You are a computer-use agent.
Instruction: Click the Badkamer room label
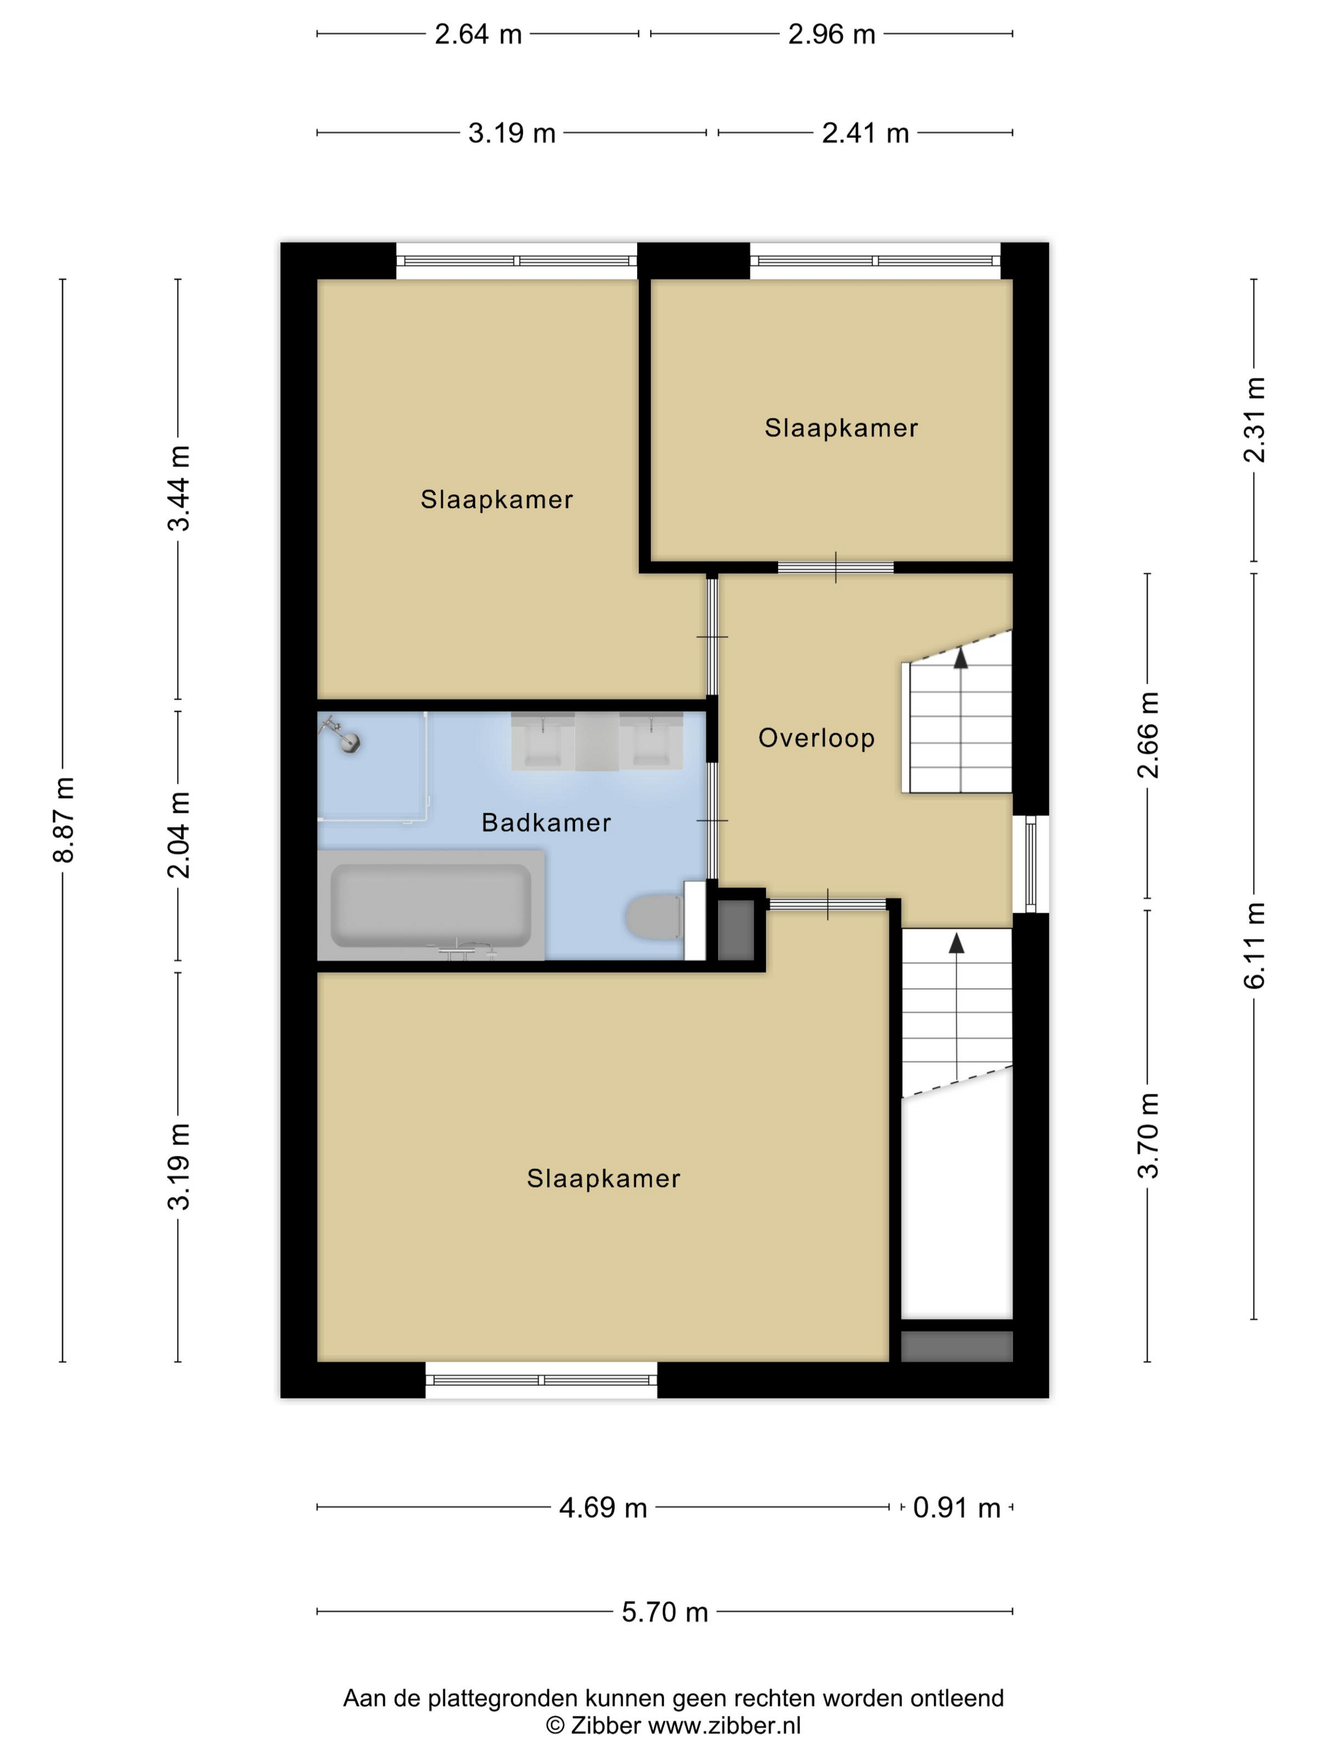(x=546, y=822)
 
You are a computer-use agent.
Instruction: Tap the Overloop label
(x=816, y=738)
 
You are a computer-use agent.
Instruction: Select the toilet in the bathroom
(x=653, y=917)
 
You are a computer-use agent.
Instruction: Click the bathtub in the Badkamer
(x=431, y=905)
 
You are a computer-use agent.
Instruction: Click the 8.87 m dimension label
(x=63, y=820)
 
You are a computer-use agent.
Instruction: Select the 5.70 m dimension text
(x=664, y=1611)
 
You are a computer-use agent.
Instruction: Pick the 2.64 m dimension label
(x=478, y=34)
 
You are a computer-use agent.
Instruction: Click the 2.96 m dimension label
(x=831, y=34)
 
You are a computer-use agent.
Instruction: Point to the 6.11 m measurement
(x=1254, y=945)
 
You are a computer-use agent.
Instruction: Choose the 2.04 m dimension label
(x=179, y=835)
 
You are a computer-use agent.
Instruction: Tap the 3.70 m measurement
(x=1148, y=1135)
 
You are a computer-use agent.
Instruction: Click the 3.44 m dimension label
(x=179, y=488)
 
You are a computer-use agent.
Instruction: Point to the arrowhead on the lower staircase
(x=956, y=943)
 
